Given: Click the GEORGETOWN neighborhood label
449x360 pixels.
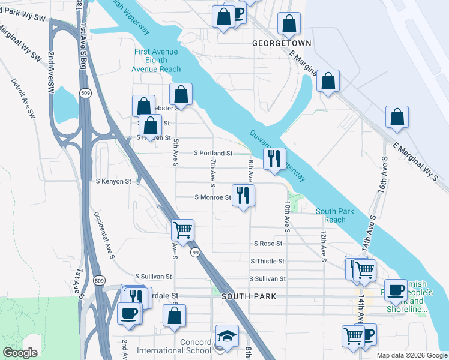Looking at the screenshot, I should click(x=282, y=44).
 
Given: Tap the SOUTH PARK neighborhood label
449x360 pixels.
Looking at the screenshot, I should click(x=248, y=296).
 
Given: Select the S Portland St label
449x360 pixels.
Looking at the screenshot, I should click(x=213, y=154).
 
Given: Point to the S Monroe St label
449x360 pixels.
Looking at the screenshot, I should click(x=213, y=197).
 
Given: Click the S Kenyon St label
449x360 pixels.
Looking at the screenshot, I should click(x=113, y=181).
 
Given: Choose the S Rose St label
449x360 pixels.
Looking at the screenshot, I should click(x=268, y=244).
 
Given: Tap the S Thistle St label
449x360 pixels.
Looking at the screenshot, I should click(x=267, y=261).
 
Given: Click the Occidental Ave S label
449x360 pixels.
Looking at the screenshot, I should click(x=104, y=235).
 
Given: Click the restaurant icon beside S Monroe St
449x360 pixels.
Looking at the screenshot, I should click(x=243, y=195).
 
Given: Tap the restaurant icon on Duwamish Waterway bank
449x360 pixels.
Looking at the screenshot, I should click(x=274, y=159).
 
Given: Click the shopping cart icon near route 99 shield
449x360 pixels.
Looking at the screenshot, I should click(x=182, y=229).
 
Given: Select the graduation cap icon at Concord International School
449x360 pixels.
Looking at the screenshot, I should click(x=227, y=336).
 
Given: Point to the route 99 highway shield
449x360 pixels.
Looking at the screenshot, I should click(x=196, y=253).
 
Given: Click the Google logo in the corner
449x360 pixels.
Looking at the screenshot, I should click(x=20, y=353).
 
